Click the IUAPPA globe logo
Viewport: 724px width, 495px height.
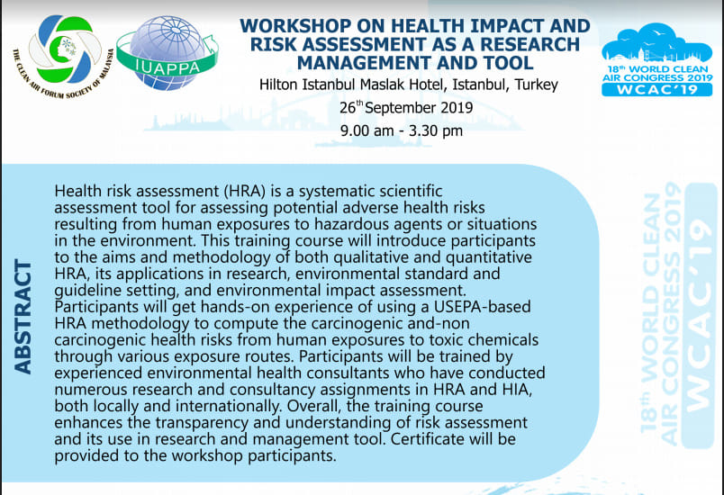(167, 52)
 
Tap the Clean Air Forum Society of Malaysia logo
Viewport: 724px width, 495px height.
(64, 57)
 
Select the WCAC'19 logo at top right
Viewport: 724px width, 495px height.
(657, 60)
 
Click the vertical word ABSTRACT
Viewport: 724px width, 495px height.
(23, 317)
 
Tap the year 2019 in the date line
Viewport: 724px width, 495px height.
(457, 108)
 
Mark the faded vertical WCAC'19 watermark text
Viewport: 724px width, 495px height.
(701, 316)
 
